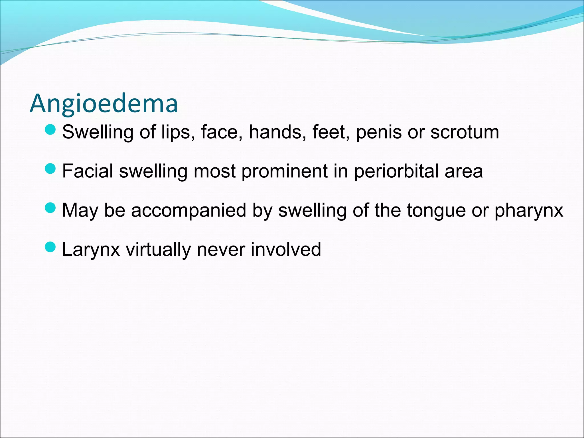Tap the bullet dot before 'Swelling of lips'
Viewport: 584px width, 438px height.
coord(50,130)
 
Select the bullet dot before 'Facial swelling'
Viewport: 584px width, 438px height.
coord(50,169)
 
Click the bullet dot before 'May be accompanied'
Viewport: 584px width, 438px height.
coord(50,208)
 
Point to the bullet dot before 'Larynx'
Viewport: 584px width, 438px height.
coord(50,247)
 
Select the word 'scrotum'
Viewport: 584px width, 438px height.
coord(465,132)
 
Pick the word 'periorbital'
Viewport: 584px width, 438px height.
coord(397,171)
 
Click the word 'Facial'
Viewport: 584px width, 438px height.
coord(88,171)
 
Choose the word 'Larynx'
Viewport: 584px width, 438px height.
coord(91,250)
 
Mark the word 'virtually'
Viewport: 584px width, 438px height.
coord(158,250)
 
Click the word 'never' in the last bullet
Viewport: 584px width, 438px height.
coord(220,250)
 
